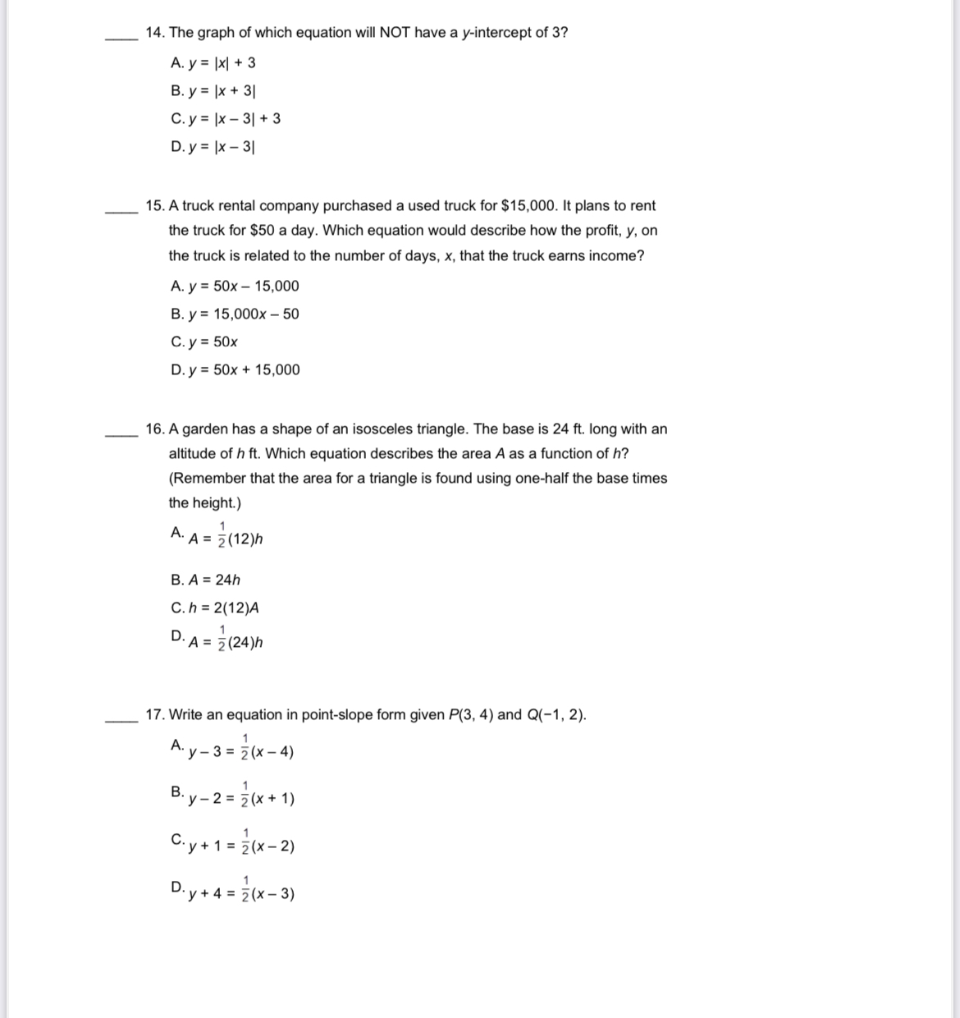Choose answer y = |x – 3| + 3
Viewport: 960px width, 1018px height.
226,119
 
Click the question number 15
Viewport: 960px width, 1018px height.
154,206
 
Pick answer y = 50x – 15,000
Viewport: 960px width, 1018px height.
235,287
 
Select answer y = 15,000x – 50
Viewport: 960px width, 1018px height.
235,314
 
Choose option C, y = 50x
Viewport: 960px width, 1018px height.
204,342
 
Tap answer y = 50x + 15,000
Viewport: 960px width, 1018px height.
235,370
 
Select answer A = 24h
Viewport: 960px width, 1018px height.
206,580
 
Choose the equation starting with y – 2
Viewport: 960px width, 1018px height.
233,796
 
